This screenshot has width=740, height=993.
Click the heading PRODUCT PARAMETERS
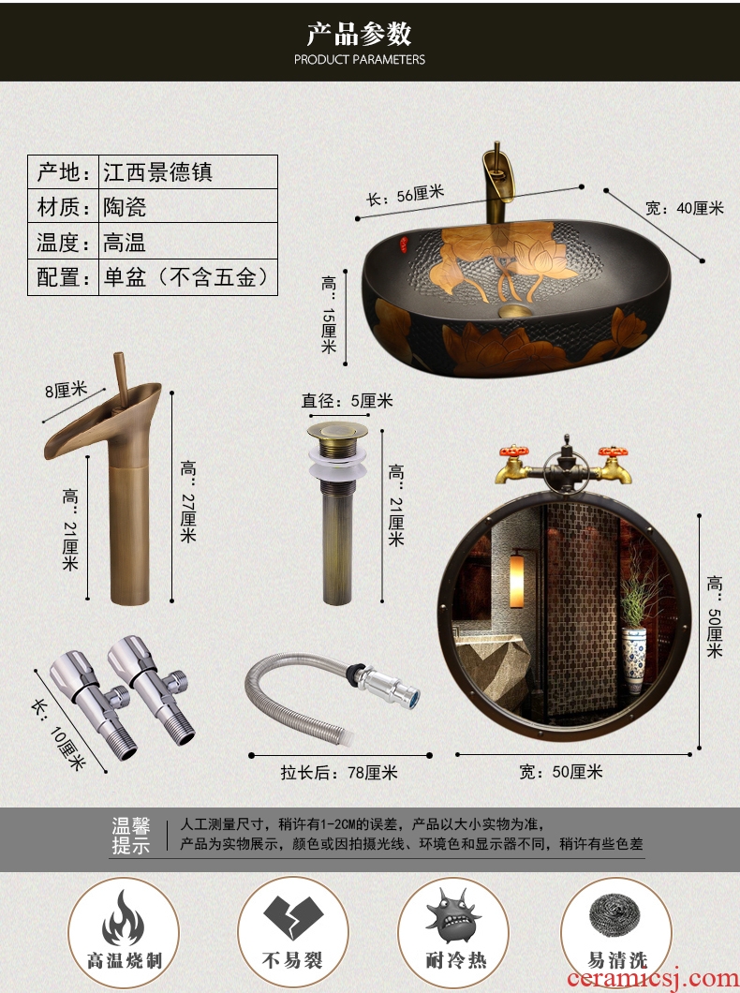point(360,60)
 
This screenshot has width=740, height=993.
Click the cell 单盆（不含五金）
point(187,277)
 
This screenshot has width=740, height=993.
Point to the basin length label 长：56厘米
point(405,195)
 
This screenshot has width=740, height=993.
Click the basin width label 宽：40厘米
point(685,208)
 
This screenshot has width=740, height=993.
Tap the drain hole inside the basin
point(513,310)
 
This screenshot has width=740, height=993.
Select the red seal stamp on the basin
point(403,241)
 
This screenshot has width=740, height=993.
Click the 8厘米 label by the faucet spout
point(66,390)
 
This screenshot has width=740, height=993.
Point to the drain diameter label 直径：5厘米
point(347,401)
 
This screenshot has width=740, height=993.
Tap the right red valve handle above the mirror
point(613,452)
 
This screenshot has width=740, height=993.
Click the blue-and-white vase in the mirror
point(633,659)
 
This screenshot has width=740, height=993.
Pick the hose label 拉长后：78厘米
point(339,773)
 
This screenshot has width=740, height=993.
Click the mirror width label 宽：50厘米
point(560,771)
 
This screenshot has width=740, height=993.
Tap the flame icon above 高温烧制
point(124,918)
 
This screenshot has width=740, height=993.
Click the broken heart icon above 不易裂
point(293,918)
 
